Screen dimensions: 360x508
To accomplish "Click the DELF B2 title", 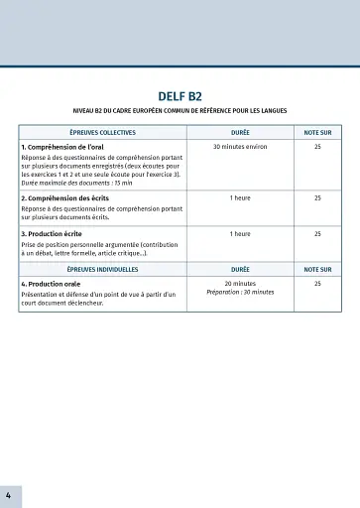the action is coord(180,96).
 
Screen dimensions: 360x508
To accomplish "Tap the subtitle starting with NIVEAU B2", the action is coord(180,110).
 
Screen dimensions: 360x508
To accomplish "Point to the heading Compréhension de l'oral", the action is coord(64,147).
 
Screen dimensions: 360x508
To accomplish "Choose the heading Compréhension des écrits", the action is coord(67,198).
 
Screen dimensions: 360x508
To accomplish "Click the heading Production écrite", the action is coord(56,234).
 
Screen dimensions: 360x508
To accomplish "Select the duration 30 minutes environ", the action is coord(240,147).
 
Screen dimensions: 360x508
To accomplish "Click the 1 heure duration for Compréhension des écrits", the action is coord(240,198).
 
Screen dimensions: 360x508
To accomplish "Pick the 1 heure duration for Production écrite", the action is coord(240,234).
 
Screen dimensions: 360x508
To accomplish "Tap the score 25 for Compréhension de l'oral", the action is coord(317,147).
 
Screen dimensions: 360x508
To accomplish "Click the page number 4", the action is coord(8,494).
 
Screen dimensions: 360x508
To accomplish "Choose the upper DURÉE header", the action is coord(240,132).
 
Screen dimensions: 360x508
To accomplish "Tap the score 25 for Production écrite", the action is coord(317,234).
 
